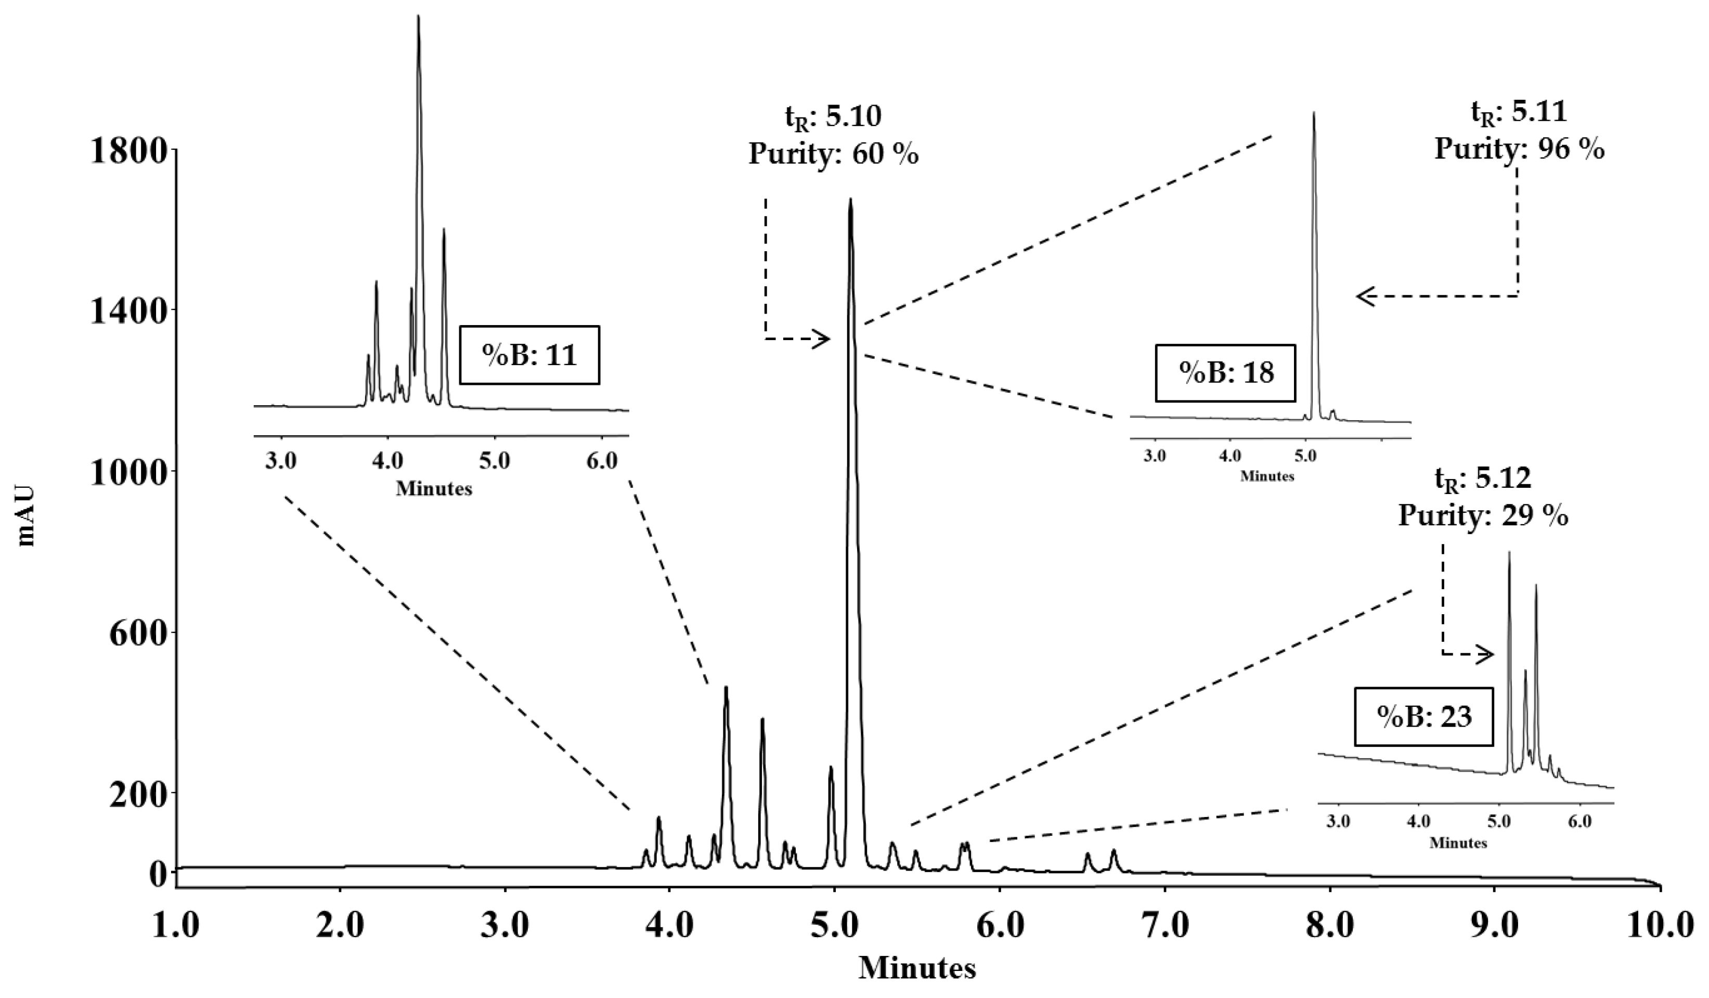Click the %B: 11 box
[529, 355]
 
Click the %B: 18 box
[1225, 372]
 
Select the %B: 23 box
[1423, 717]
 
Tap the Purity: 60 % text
[834, 154]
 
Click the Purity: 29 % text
[1483, 516]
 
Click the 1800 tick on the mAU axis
[129, 150]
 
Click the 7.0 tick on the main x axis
[1164, 926]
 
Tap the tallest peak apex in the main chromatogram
[850, 200]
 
